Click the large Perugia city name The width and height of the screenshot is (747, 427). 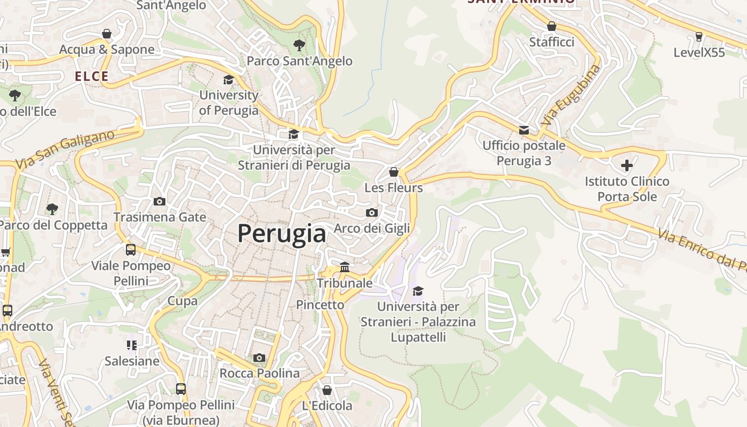pos(281,234)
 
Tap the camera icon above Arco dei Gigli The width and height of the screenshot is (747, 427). pos(372,212)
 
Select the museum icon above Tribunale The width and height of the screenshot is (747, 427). pos(345,267)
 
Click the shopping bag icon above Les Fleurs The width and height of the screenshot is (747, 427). pos(394,172)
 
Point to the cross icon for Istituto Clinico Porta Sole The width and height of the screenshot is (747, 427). pos(626,165)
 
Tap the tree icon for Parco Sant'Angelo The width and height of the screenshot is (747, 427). pos(299,45)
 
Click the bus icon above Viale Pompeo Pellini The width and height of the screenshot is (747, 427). pos(131,249)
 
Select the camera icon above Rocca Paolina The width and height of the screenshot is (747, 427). pos(259,358)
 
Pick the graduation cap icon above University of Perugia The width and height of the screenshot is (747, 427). pos(228,80)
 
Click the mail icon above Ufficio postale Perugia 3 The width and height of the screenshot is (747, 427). pos(524,130)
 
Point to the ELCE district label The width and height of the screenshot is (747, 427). pos(92,76)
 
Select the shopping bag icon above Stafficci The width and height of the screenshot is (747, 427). pos(552,26)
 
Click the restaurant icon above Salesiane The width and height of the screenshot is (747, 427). pos(132,345)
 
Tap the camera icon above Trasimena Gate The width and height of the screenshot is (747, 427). pos(160,201)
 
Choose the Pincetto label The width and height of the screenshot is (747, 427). pos(320,305)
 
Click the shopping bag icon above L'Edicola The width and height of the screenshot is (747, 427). pos(327,390)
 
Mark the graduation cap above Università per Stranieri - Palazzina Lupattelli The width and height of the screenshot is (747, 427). pos(418,291)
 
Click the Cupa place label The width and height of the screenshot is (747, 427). pos(182,301)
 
